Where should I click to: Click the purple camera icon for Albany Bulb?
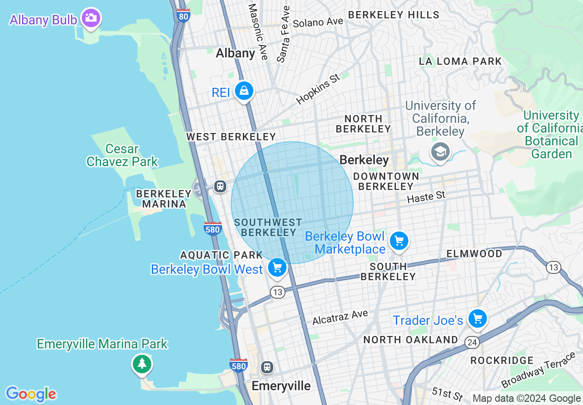click(91, 18)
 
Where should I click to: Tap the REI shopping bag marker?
click(244, 91)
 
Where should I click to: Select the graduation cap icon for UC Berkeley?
click(440, 151)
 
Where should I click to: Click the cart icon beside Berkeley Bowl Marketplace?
click(399, 241)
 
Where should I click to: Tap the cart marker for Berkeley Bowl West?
click(277, 268)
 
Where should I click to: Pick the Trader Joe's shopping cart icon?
click(477, 318)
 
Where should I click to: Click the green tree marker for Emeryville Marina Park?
click(142, 364)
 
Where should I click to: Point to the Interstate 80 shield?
click(183, 16)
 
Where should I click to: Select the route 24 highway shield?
click(471, 341)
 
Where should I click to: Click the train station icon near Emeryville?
click(267, 367)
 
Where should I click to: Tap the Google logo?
click(31, 394)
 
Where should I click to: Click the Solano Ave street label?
click(318, 22)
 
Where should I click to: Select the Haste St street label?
click(426, 197)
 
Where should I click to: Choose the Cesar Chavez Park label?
click(122, 155)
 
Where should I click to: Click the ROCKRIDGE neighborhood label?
click(502, 360)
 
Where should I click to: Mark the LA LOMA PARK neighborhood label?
click(460, 61)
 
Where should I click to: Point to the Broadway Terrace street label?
click(538, 370)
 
